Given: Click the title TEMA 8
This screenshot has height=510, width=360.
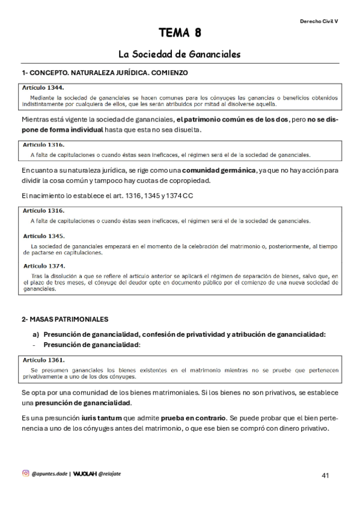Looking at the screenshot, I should pyautogui.click(x=180, y=32).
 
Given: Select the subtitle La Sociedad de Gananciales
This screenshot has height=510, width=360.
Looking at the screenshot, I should pyautogui.click(x=180, y=54).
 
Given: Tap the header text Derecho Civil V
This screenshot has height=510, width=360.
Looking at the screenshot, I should pyautogui.click(x=319, y=21).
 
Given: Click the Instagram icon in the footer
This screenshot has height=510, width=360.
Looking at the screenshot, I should pyautogui.click(x=25, y=473).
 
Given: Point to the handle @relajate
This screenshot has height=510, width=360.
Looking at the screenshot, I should pyautogui.click(x=112, y=474).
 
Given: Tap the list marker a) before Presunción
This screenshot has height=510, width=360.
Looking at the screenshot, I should pyautogui.click(x=35, y=334).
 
